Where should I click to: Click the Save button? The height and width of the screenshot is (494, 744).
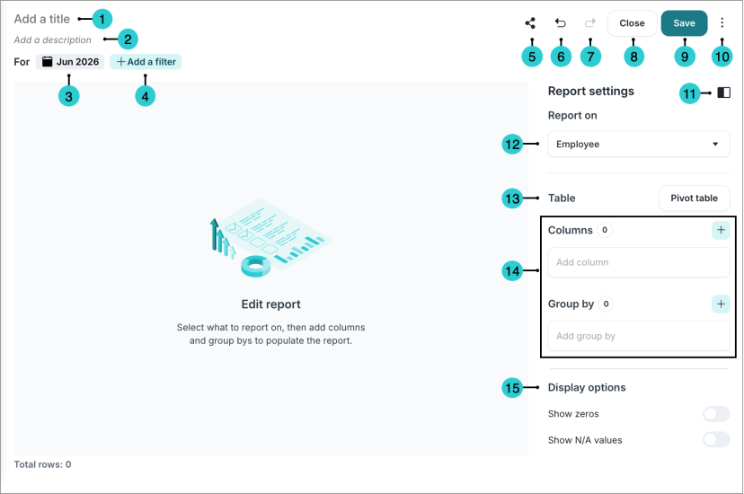tap(684, 23)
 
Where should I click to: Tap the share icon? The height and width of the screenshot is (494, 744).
tap(530, 22)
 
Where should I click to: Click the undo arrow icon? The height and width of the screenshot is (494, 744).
tap(561, 22)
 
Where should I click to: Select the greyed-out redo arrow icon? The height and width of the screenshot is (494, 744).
tap(589, 22)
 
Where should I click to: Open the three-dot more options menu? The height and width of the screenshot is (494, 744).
tap(722, 22)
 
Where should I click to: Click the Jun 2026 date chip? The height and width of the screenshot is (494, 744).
tap(70, 62)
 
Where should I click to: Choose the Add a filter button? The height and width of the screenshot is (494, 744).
tap(146, 62)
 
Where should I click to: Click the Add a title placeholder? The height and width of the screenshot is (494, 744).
tap(41, 19)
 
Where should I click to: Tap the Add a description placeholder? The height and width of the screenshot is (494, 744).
tap(53, 40)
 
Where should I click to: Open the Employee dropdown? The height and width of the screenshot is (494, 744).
tap(639, 144)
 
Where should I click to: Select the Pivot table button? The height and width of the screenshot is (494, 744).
tap(695, 198)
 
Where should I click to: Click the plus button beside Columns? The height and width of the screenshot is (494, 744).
tap(721, 230)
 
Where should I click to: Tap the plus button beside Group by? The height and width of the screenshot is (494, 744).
tap(721, 304)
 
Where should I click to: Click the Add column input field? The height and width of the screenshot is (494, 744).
tap(639, 262)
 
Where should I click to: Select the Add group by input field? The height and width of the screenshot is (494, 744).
tap(639, 336)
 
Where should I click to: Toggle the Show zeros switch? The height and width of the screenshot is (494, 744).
tap(716, 414)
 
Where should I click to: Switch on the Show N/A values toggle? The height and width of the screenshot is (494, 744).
tap(716, 440)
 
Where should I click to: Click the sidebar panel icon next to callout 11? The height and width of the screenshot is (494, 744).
tap(723, 93)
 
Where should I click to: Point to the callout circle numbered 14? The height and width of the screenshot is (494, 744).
tap(512, 270)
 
